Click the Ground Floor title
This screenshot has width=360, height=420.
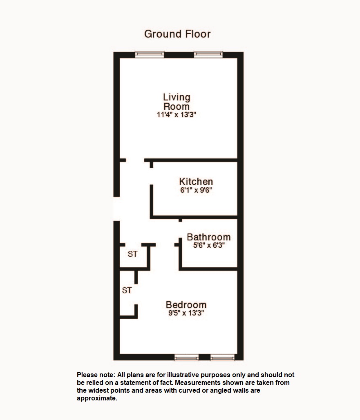(x=177, y=34)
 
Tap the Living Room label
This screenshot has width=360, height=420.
(x=177, y=102)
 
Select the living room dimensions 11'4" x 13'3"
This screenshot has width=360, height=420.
(x=177, y=115)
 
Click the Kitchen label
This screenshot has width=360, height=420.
(x=196, y=181)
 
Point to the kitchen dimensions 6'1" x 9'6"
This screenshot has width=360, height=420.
(x=196, y=190)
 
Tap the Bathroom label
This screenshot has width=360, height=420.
(x=209, y=237)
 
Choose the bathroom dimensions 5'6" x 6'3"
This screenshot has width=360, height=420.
(x=209, y=245)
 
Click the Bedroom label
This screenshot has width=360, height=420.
(x=186, y=305)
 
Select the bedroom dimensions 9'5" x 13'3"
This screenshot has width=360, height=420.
(x=186, y=313)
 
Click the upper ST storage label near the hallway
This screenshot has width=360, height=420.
(x=132, y=254)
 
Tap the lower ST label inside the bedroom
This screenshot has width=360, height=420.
(x=127, y=290)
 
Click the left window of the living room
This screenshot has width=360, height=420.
(x=150, y=54)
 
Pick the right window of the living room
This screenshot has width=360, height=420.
(x=208, y=54)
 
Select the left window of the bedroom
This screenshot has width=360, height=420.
(x=186, y=358)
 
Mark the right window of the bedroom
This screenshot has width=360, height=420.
(x=222, y=358)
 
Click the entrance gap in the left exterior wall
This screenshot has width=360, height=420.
(x=116, y=209)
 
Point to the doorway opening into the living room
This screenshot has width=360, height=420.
(x=135, y=160)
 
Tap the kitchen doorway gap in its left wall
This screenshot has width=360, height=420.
(x=151, y=176)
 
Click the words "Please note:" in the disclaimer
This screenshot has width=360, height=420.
(x=96, y=375)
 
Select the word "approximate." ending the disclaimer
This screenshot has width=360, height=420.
(x=97, y=398)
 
